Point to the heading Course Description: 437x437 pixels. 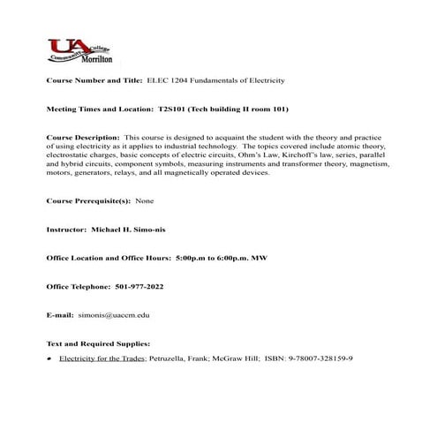click(82, 139)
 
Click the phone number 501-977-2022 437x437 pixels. click(139, 287)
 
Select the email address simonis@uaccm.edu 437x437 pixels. click(115, 315)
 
